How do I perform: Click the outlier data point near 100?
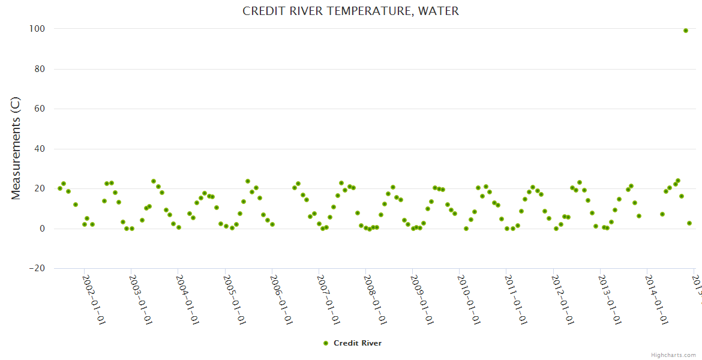(686, 31)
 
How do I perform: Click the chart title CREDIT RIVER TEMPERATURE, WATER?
(350, 11)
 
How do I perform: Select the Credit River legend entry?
(357, 343)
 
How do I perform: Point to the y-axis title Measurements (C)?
(16, 149)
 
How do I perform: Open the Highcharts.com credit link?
(673, 355)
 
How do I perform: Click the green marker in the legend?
(326, 343)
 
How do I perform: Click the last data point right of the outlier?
(689, 223)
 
